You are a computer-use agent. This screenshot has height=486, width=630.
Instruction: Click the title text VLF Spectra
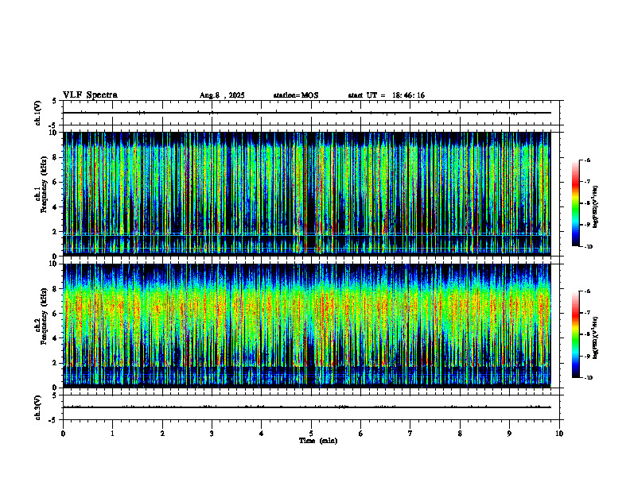[x=90, y=95]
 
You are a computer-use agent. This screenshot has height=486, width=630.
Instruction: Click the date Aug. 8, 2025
[x=222, y=95]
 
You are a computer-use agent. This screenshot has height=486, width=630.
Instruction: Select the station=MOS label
[x=295, y=95]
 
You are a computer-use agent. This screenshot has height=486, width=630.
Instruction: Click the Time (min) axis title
[x=317, y=441]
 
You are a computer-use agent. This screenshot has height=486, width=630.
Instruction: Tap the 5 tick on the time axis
[x=311, y=434]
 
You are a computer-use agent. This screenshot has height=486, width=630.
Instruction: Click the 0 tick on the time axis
[x=63, y=434]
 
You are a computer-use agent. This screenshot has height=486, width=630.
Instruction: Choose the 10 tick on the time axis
[x=559, y=434]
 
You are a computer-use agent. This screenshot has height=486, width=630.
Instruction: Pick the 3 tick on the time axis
[x=212, y=434]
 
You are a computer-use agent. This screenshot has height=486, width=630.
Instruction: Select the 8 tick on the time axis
[x=460, y=434]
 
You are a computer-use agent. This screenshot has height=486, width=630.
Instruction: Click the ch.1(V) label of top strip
[x=38, y=113]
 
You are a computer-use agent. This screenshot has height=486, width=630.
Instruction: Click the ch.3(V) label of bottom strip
[x=38, y=407]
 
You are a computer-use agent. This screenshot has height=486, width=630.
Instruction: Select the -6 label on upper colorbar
[x=586, y=160]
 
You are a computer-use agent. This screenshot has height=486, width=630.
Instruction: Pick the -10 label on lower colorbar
[x=587, y=378]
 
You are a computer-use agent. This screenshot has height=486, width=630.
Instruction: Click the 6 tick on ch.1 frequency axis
[x=55, y=182]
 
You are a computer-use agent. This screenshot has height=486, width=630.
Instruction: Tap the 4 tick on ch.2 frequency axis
[x=55, y=337]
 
